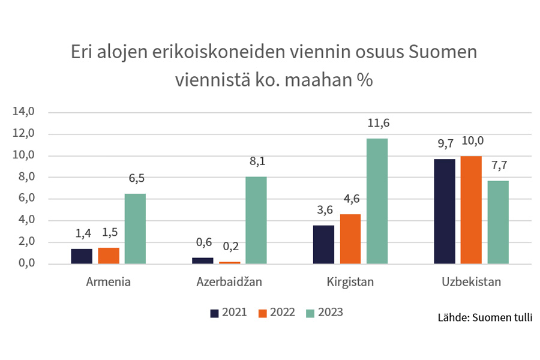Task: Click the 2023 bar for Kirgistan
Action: pyautogui.click(x=377, y=201)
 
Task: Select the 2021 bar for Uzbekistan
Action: pyautogui.click(x=444, y=211)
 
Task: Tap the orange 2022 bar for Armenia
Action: pyautogui.click(x=109, y=256)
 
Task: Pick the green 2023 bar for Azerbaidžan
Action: pyautogui.click(x=256, y=220)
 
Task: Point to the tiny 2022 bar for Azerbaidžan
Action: pyautogui.click(x=229, y=262)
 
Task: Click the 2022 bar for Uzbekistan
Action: pyautogui.click(x=471, y=209)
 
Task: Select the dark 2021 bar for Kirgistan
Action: pyautogui.click(x=323, y=244)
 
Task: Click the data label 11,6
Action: pyautogui.click(x=377, y=124)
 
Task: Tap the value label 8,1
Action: pyautogui.click(x=256, y=161)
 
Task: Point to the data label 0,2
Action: pyautogui.click(x=229, y=247)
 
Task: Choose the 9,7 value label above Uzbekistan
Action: pyautogui.click(x=444, y=144)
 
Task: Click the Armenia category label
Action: pyautogui.click(x=109, y=281)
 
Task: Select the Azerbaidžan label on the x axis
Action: pyautogui.click(x=229, y=281)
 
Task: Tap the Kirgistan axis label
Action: pyautogui.click(x=350, y=281)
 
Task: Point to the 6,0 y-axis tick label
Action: pyautogui.click(x=26, y=199)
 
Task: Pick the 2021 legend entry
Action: pyautogui.click(x=228, y=313)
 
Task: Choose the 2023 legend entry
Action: pyautogui.click(x=324, y=313)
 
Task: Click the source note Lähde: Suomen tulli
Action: pyautogui.click(x=485, y=317)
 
